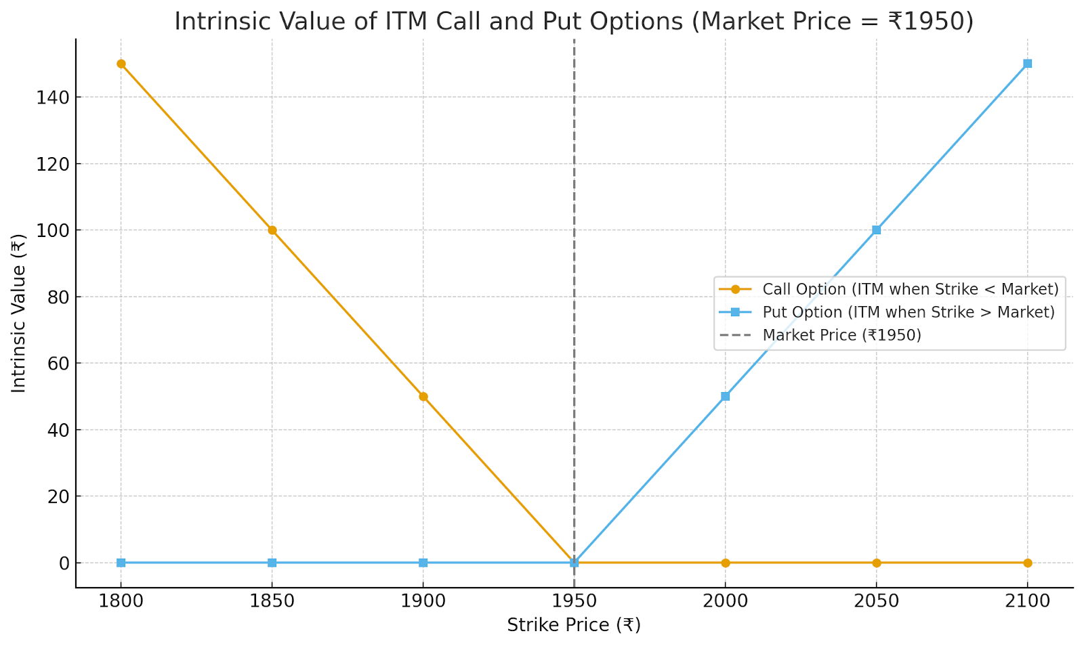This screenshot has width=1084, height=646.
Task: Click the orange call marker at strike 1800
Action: click(x=121, y=64)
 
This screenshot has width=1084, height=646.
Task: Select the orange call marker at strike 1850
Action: click(x=272, y=230)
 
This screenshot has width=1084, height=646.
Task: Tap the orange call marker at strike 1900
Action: click(x=423, y=396)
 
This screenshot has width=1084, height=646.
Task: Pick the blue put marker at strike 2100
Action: click(x=1027, y=64)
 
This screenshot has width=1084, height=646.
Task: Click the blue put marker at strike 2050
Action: click(x=876, y=230)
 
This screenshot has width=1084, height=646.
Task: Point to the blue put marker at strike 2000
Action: click(x=725, y=396)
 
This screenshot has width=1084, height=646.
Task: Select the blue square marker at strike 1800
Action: click(x=121, y=563)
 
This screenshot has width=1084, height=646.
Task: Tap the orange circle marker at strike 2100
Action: click(x=1027, y=563)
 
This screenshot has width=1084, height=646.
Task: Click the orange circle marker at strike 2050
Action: click(x=876, y=563)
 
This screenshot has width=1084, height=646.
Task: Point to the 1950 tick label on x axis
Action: click(x=575, y=601)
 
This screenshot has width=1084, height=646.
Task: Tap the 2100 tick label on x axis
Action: click(x=1027, y=601)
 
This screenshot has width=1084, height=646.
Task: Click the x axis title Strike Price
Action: click(x=573, y=625)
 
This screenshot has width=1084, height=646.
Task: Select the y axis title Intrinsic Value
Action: click(x=19, y=313)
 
